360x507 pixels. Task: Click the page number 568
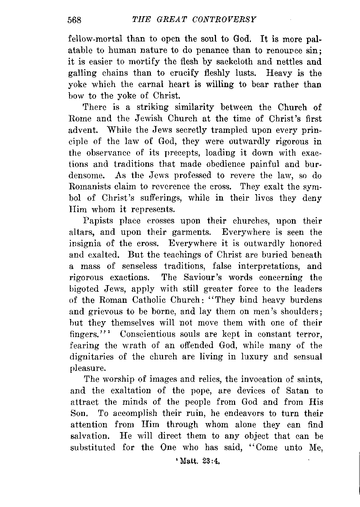pyautogui.click(x=75, y=20)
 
